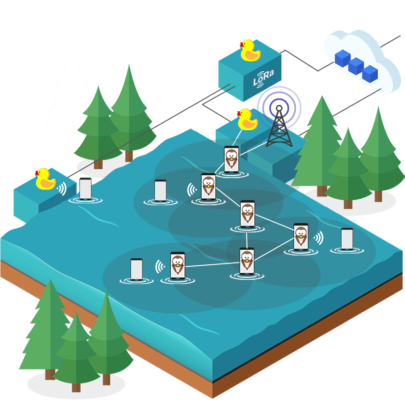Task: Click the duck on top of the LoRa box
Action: click(250, 50)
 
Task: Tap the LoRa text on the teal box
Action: click(263, 78)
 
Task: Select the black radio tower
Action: click(279, 126)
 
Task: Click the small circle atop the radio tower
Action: click(279, 108)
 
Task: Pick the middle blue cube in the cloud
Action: click(356, 66)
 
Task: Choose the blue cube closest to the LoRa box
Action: click(343, 59)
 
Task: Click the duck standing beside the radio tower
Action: click(247, 119)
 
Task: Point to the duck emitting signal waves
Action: click(45, 179)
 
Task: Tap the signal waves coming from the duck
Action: click(62, 188)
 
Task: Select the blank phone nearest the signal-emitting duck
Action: click(85, 189)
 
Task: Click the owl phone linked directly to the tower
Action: click(232, 159)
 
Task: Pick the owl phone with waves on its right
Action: click(301, 237)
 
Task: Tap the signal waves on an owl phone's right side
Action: click(319, 238)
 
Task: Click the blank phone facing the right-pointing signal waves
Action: click(347, 239)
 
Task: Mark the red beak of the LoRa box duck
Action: click(241, 45)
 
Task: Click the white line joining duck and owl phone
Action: click(237, 137)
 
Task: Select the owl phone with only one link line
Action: click(178, 265)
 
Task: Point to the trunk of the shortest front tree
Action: click(76, 388)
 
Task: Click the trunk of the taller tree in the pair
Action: click(129, 156)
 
